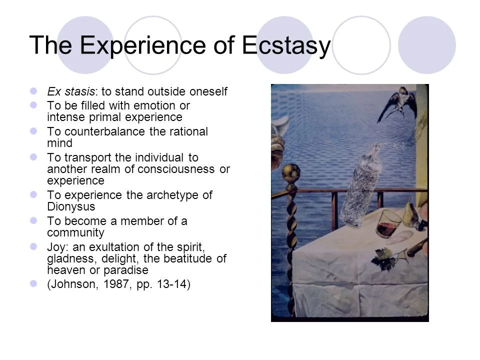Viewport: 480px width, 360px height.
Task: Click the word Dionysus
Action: (71, 206)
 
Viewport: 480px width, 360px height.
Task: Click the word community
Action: (75, 232)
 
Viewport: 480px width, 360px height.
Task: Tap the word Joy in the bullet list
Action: (56, 247)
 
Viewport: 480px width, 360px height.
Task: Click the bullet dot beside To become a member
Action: (34, 220)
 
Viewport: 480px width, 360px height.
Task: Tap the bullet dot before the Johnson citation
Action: (34, 284)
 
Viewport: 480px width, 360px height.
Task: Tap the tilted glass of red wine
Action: (388, 223)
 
